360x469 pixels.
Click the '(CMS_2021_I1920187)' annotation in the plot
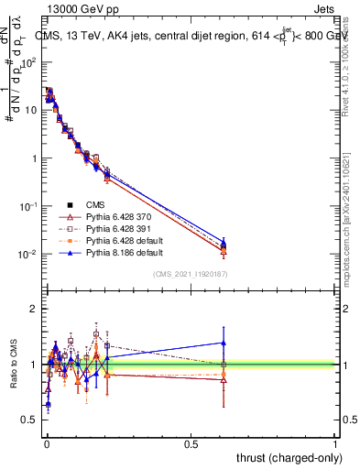coord(190,273)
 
